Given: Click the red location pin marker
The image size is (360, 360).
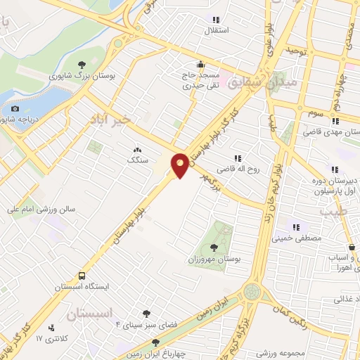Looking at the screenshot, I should pos(181,165).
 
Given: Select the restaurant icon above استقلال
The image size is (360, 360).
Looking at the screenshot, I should pos(217,20).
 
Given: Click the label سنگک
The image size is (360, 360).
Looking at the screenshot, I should pos(137,160).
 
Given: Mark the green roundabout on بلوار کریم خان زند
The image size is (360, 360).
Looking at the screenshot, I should pos(252,291).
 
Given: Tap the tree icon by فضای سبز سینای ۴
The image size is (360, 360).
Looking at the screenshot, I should pos(146,314).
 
